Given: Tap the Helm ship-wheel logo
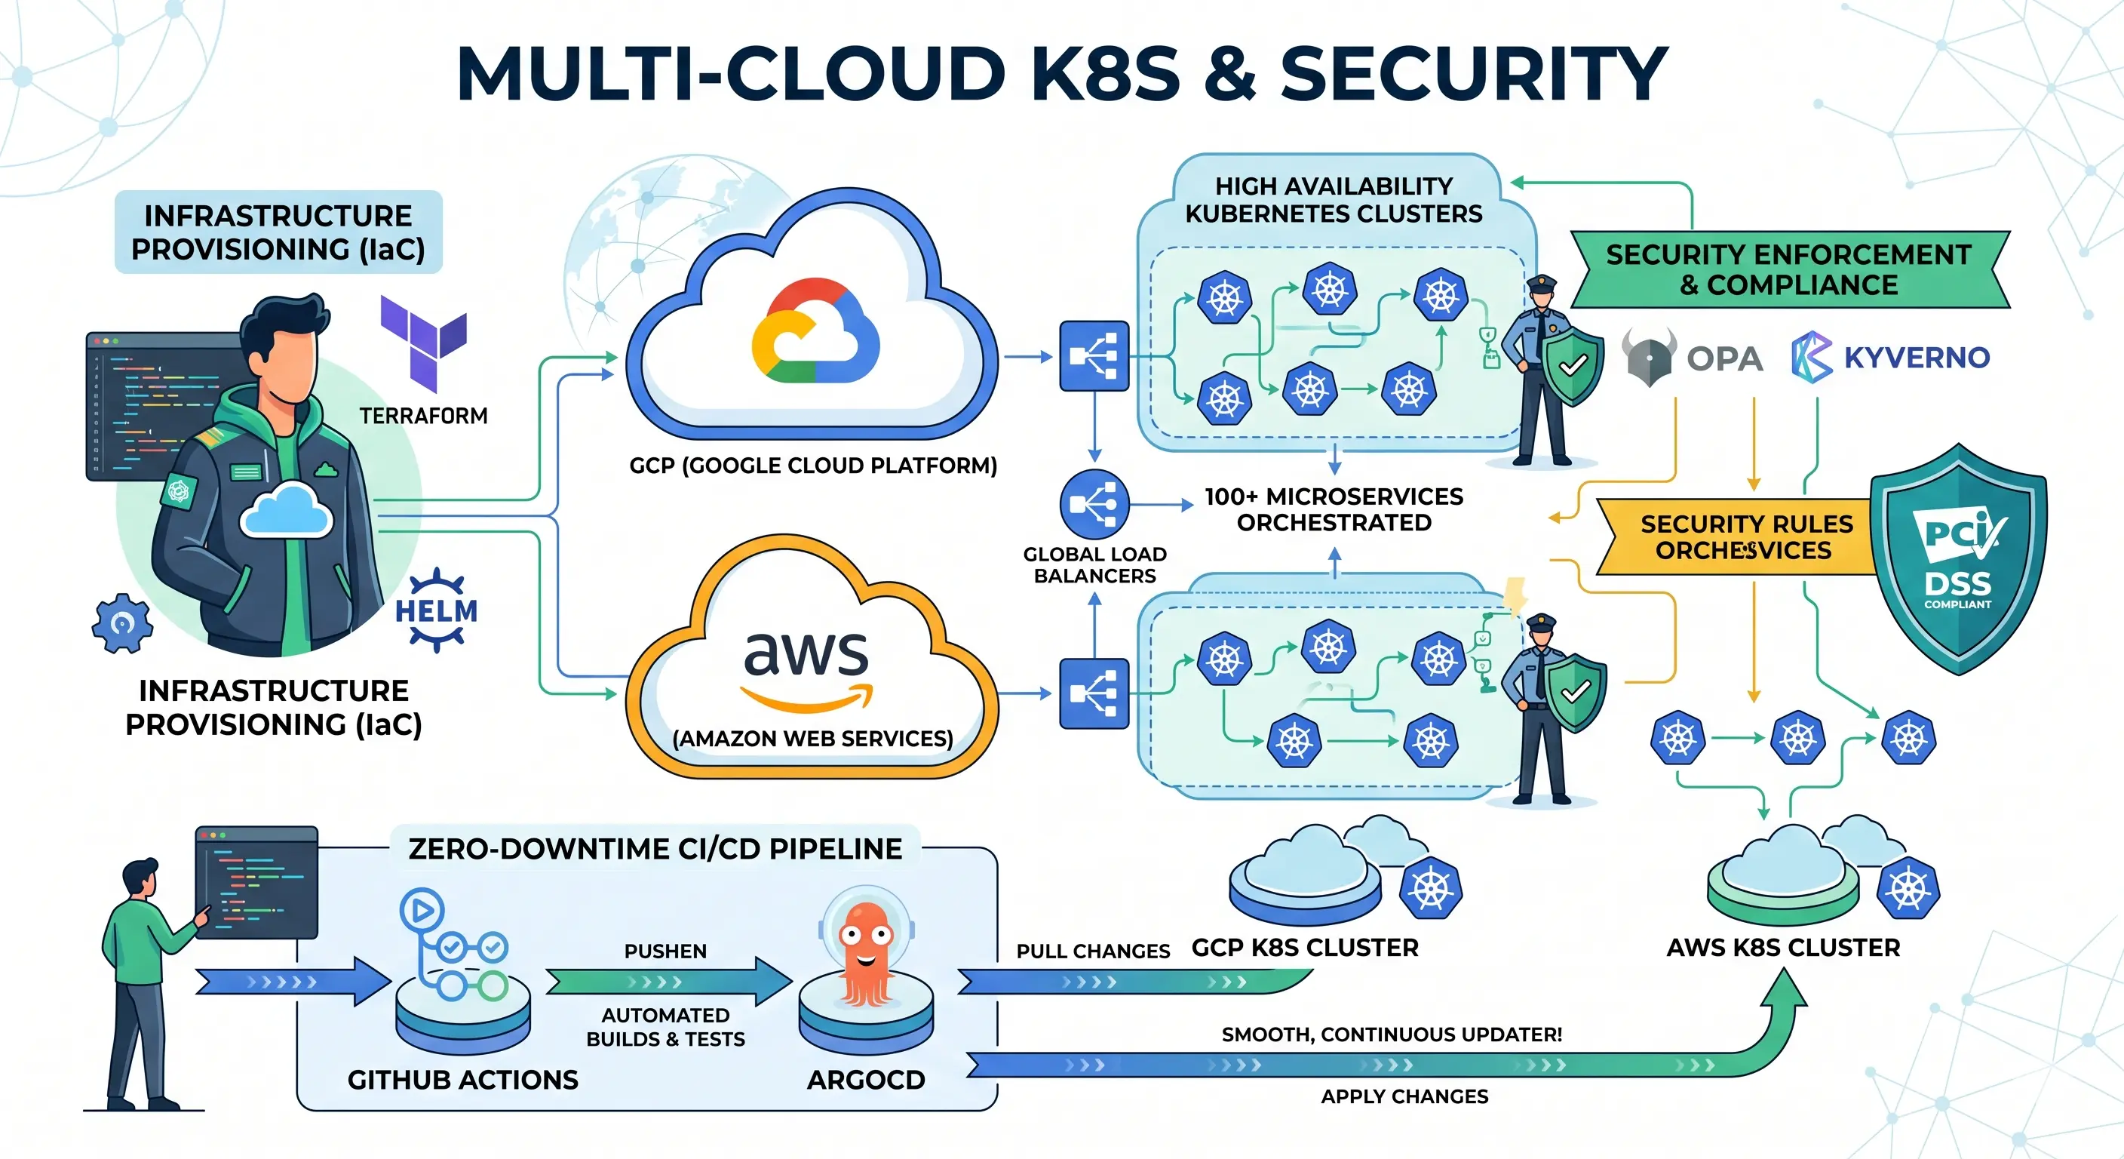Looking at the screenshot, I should click(x=436, y=610).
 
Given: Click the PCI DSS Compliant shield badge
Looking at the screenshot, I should click(x=1957, y=560).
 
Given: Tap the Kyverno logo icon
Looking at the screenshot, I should click(x=1812, y=357).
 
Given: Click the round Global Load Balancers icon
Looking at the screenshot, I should click(x=1094, y=504).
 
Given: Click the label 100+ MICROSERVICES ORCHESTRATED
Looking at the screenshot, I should click(x=1334, y=509).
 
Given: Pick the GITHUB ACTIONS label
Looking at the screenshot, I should click(x=462, y=1079).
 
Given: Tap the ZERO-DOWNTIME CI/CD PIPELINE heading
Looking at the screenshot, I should click(x=655, y=848).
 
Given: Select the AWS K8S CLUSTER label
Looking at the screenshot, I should click(x=1782, y=947).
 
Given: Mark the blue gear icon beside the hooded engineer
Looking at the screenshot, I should click(x=122, y=623).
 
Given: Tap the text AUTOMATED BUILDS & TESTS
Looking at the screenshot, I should click(x=665, y=1026).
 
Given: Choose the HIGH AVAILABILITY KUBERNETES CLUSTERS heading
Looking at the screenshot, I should click(x=1334, y=200).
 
